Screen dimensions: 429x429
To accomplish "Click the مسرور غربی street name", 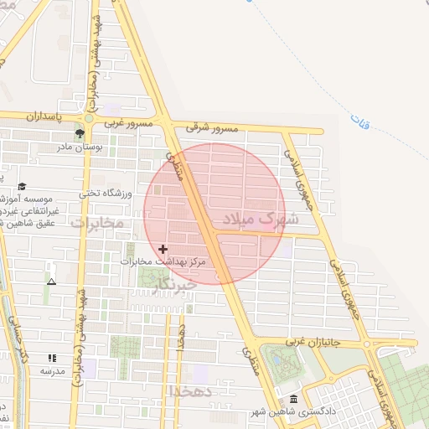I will pyautogui.click(x=128, y=123).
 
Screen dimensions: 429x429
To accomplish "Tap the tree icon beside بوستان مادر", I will pyautogui.click(x=80, y=133).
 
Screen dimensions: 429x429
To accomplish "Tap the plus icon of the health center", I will pyautogui.click(x=163, y=249).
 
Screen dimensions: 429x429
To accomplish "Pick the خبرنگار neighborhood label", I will pyautogui.click(x=175, y=285).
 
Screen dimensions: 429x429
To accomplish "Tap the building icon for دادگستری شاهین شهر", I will pyautogui.click(x=292, y=399).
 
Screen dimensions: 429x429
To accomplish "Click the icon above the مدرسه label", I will pyautogui.click(x=52, y=358).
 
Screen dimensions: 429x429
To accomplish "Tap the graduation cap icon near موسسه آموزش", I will pyautogui.click(x=22, y=187).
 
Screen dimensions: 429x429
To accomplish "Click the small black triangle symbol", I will pyautogui.click(x=52, y=282).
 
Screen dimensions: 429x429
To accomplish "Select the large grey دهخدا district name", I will pyautogui.click(x=192, y=391).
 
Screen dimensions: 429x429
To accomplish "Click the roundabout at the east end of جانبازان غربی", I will pyautogui.click(x=368, y=344).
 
